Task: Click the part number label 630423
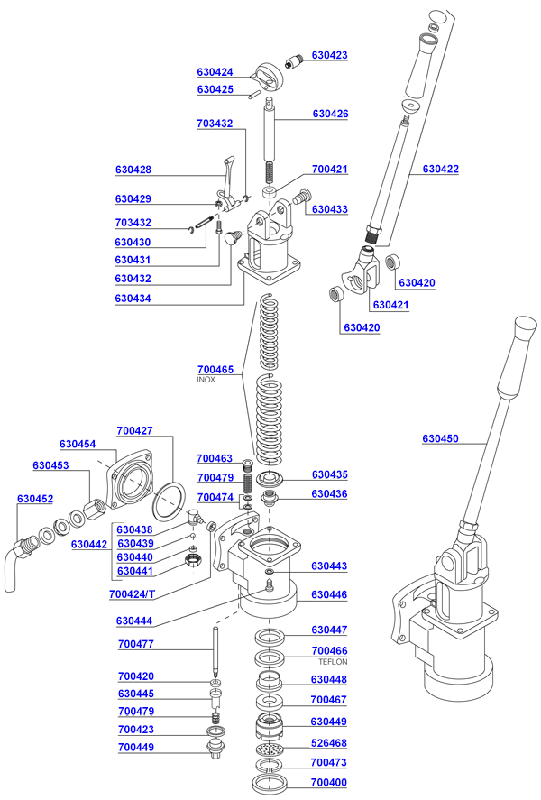point(329,55)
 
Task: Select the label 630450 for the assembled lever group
point(440,439)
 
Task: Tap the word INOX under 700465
point(206,381)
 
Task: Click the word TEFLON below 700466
point(329,662)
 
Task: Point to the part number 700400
point(328,781)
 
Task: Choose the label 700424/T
point(132,594)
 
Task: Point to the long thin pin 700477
point(217,653)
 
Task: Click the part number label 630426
point(330,115)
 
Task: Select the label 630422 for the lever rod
point(440,170)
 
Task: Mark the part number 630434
point(133,299)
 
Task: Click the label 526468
point(328,743)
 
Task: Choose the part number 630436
point(330,494)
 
